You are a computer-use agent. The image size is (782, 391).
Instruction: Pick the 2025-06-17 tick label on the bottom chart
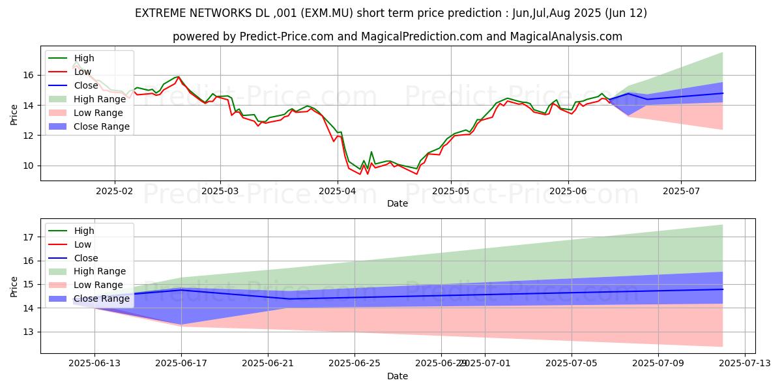coord(181,363)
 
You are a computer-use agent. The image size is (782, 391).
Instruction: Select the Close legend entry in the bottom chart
coord(85,257)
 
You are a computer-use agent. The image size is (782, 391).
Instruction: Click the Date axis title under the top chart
coord(398,203)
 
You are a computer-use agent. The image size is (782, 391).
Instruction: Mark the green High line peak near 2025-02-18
coord(178,76)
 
